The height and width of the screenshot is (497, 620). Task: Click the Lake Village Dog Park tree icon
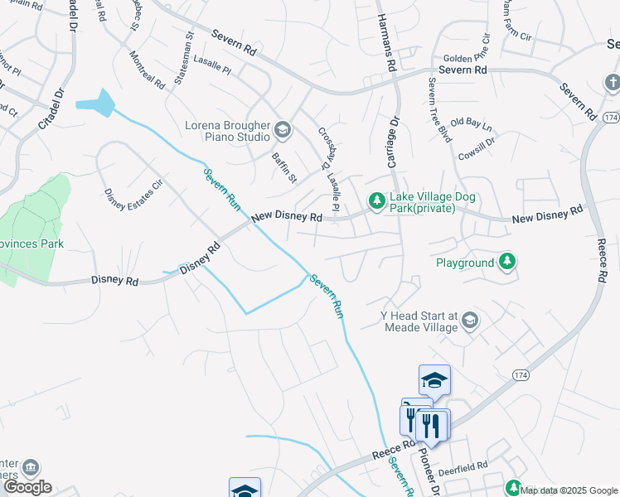pos(376,201)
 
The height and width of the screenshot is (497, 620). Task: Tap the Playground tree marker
pos(507,263)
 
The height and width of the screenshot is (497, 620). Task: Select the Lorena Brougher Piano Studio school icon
pos(283,129)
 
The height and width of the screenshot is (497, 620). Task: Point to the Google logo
pos(27,487)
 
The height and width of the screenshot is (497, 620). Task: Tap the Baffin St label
pos(284,166)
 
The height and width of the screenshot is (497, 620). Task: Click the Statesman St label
pos(184,58)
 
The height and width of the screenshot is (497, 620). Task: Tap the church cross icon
pos(612,83)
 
